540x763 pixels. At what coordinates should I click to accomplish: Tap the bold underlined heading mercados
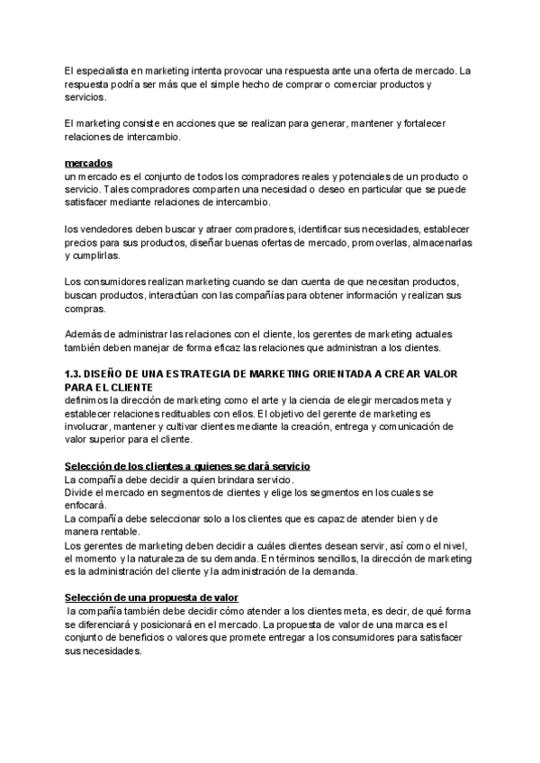[x=88, y=164]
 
